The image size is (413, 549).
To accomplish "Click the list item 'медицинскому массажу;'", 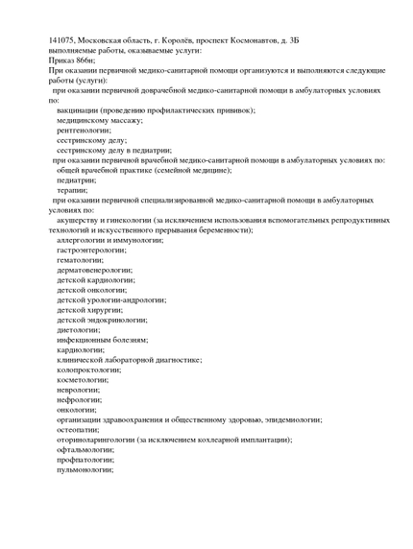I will coord(99,120).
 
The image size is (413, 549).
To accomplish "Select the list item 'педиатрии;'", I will coord(76,179).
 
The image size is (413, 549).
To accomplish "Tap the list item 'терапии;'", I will coord(73,190).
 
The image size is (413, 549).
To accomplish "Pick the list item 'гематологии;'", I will coord(80,260).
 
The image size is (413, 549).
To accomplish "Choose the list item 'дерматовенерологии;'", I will coord(93,270).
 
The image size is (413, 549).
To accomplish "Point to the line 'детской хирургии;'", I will coord(89,310).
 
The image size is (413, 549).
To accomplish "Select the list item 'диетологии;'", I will coord(78,330).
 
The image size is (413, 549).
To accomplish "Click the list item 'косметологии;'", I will coord(82,379).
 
